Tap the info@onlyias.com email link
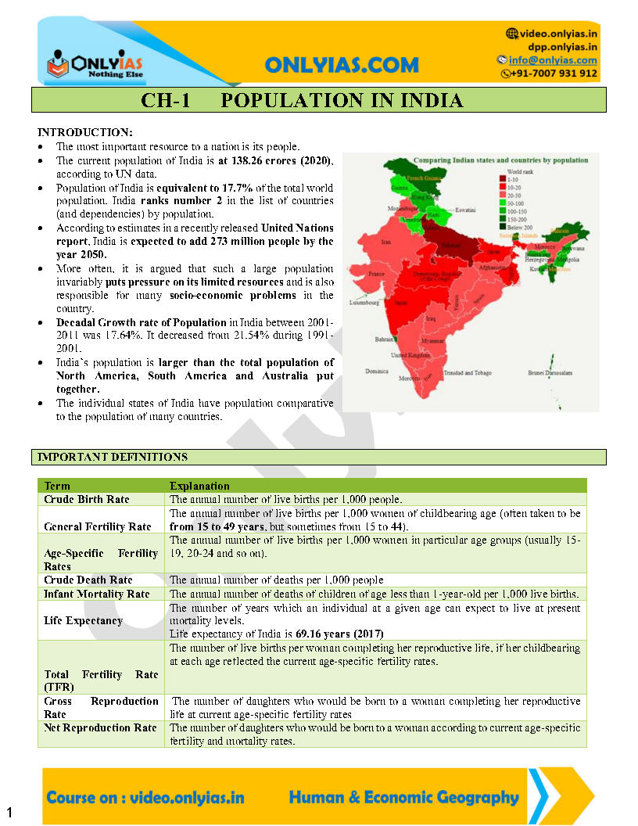(x=553, y=60)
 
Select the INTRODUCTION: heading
(x=85, y=132)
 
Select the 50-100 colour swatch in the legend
(x=502, y=203)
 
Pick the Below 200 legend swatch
(x=502, y=227)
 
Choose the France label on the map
(x=377, y=275)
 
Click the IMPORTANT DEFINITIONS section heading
(x=113, y=457)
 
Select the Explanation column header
(x=199, y=486)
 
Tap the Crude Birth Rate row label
(x=87, y=499)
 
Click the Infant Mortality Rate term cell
(x=97, y=594)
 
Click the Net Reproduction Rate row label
(x=100, y=728)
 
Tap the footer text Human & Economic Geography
(x=403, y=798)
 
